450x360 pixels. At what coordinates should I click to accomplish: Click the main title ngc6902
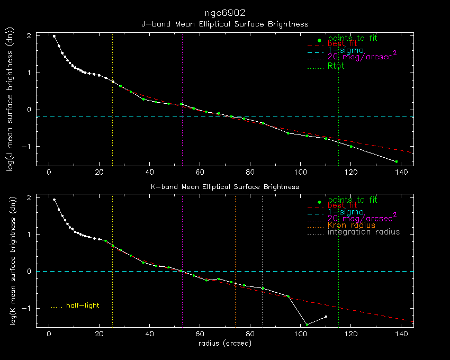tap(225, 12)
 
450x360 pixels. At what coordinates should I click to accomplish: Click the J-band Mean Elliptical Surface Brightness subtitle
tap(224, 24)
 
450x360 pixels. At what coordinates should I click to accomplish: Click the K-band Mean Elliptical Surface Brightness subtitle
tap(224, 187)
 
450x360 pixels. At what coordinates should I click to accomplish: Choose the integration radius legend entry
tap(364, 232)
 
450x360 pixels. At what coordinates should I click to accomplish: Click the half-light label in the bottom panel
tap(83, 305)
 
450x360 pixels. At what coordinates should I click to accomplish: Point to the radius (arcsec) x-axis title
tap(224, 343)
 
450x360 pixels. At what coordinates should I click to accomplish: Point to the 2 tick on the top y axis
tap(29, 35)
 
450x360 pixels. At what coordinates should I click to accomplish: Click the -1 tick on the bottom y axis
tap(27, 308)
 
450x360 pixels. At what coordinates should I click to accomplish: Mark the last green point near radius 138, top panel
tap(396, 161)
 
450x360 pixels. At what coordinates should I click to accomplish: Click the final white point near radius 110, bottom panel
tap(326, 317)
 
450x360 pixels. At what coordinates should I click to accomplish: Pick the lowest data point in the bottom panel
tap(307, 325)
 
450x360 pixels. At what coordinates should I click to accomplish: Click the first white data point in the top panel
tap(54, 36)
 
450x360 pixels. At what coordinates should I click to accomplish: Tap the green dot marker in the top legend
tap(319, 40)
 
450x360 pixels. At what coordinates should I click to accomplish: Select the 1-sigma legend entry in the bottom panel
tap(346, 212)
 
